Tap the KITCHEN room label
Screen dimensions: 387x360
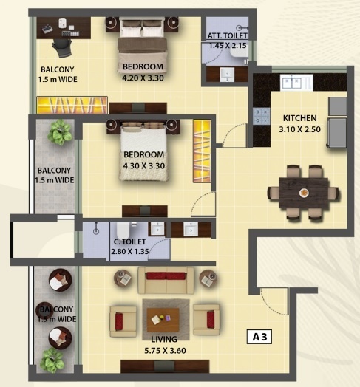tap(299, 117)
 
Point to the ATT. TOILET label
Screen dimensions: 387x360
tap(227, 35)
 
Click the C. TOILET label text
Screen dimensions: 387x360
tap(129, 242)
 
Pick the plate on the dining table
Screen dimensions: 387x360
tap(305, 193)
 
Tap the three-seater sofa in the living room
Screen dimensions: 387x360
tap(166, 281)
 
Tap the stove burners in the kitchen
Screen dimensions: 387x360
tap(261, 114)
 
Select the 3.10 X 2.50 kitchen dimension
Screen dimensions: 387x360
tap(299, 129)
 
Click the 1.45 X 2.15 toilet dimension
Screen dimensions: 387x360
tap(227, 46)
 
